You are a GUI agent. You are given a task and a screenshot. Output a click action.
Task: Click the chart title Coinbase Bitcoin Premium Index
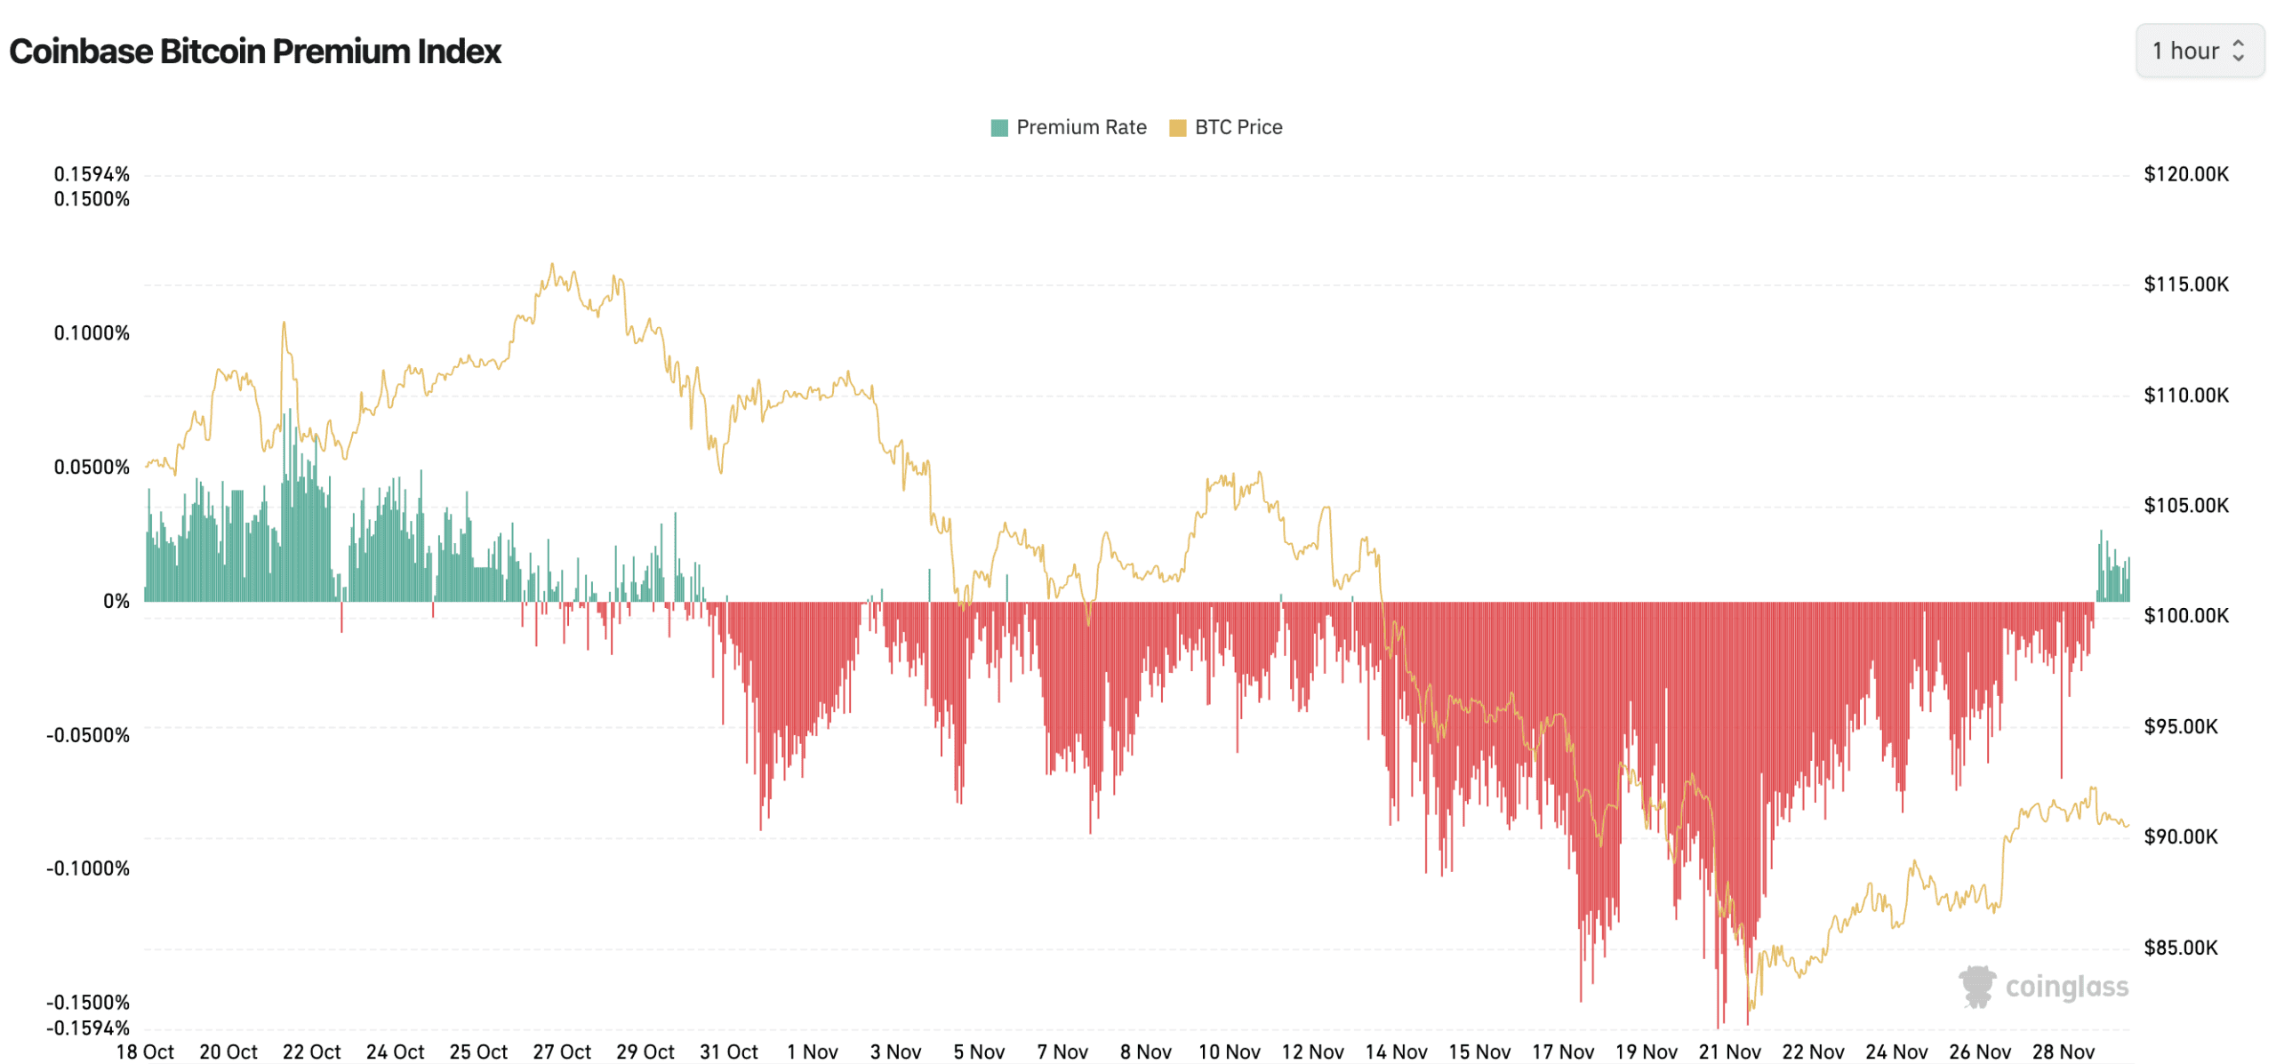pyautogui.click(x=255, y=52)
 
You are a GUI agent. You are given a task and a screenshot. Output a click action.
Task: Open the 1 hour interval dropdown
pyautogui.click(x=2198, y=51)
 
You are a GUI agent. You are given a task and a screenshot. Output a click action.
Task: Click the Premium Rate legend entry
pyautogui.click(x=1069, y=127)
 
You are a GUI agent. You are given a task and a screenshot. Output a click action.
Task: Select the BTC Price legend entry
pyautogui.click(x=1226, y=127)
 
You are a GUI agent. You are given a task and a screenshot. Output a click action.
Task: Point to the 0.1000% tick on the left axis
pyautogui.click(x=92, y=333)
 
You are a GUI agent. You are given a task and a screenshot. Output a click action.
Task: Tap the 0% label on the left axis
pyautogui.click(x=116, y=602)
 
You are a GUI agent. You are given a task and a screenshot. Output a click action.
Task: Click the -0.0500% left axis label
pyautogui.click(x=88, y=736)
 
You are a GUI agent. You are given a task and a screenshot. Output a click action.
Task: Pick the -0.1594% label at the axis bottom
pyautogui.click(x=88, y=1028)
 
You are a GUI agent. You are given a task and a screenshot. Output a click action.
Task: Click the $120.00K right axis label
pyautogui.click(x=2185, y=174)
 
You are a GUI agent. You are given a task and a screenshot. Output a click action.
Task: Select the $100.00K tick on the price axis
pyautogui.click(x=2185, y=616)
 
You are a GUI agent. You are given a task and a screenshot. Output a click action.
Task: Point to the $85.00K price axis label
pyautogui.click(x=2180, y=948)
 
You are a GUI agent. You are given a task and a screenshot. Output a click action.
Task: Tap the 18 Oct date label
pyautogui.click(x=145, y=1052)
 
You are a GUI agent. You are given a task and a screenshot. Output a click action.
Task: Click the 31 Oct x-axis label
pyautogui.click(x=728, y=1052)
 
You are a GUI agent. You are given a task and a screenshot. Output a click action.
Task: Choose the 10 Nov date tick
pyautogui.click(x=1229, y=1052)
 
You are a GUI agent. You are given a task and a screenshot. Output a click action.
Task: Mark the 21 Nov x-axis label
pyautogui.click(x=1729, y=1052)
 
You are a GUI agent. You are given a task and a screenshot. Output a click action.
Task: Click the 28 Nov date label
pyautogui.click(x=2063, y=1052)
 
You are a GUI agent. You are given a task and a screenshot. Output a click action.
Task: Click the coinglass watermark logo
pyautogui.click(x=2042, y=988)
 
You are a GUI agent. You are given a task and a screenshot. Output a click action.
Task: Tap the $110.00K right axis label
pyautogui.click(x=2185, y=396)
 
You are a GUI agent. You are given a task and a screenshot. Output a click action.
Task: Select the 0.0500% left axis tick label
pyautogui.click(x=92, y=468)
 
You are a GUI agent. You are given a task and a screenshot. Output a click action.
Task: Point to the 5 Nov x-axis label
pyautogui.click(x=978, y=1052)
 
